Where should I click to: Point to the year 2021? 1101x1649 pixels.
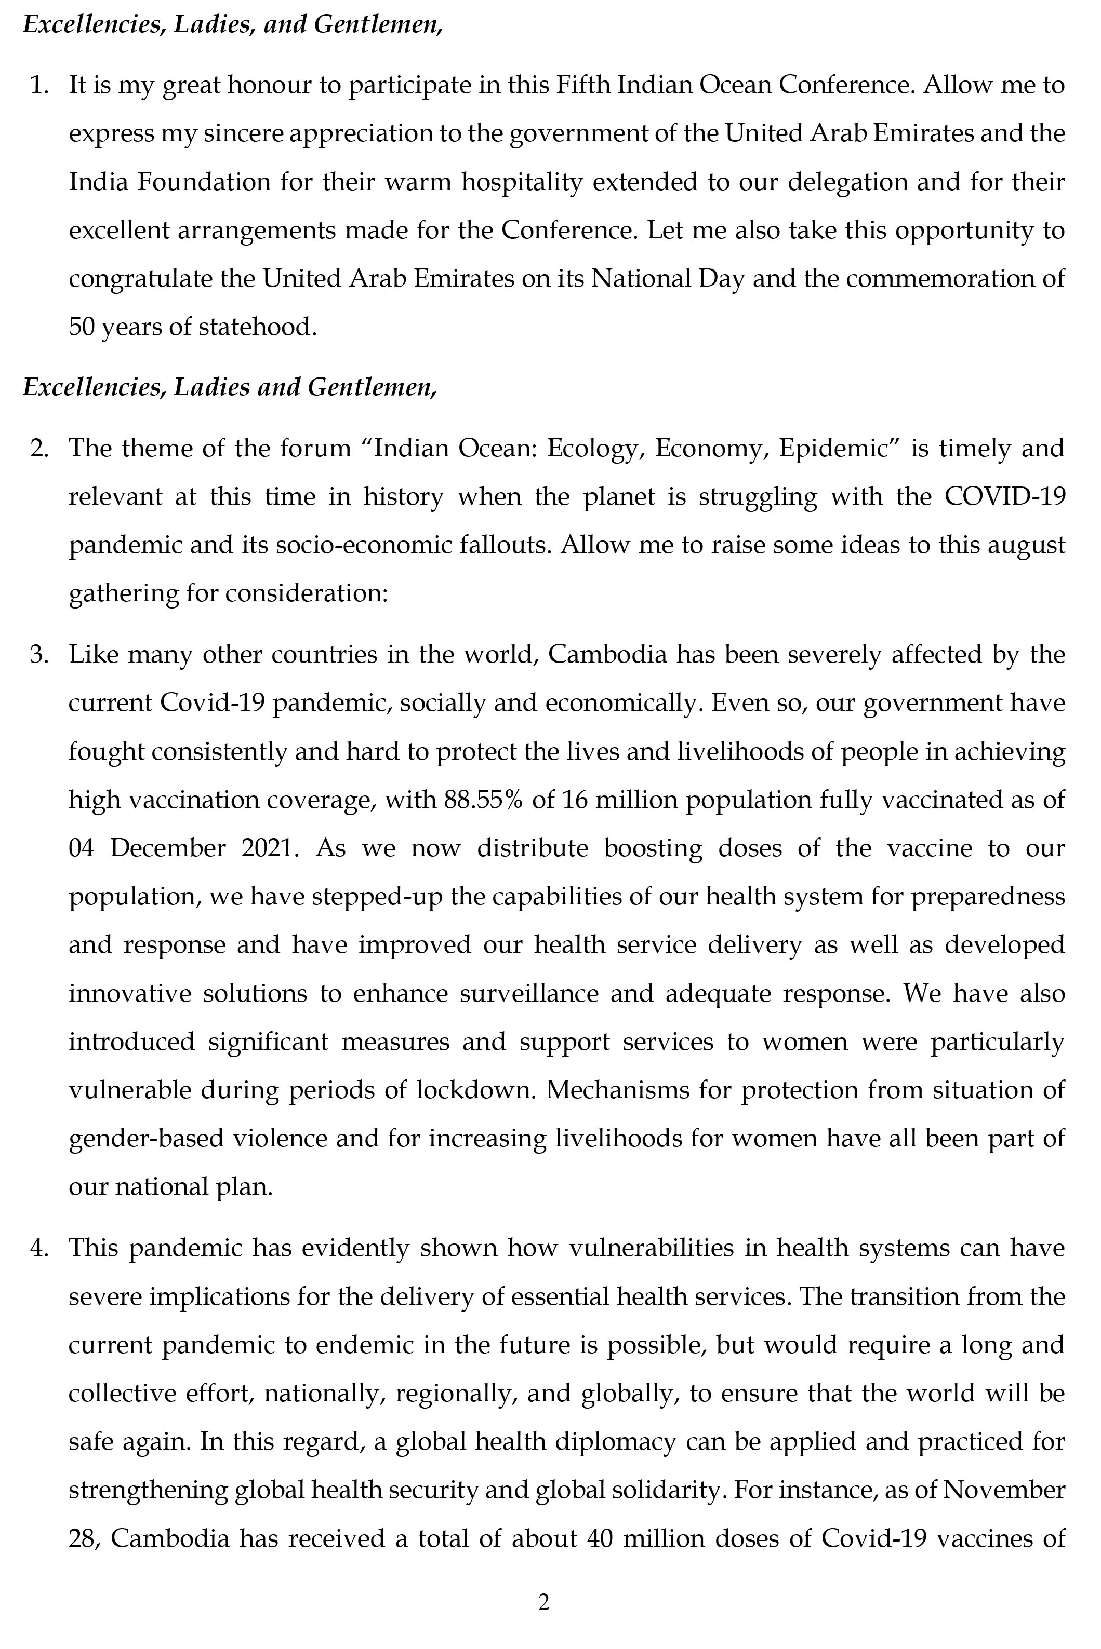click(x=266, y=848)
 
